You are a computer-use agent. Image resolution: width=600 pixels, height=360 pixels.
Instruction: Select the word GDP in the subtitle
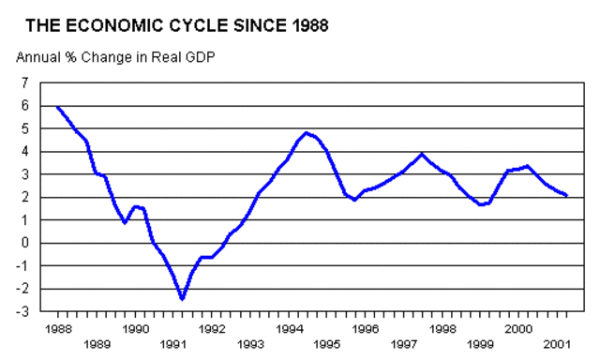pyautogui.click(x=200, y=56)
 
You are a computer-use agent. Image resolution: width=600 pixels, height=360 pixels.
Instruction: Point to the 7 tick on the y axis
pyautogui.click(x=24, y=83)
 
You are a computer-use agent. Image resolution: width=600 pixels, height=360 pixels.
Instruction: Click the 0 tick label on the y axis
pyautogui.click(x=24, y=243)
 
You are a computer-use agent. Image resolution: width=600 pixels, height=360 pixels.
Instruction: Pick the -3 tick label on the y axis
pyautogui.click(x=22, y=311)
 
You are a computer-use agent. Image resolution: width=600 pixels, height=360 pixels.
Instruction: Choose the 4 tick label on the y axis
pyautogui.click(x=24, y=152)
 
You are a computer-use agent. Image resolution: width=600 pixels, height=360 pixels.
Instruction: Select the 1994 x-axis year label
pyautogui.click(x=290, y=329)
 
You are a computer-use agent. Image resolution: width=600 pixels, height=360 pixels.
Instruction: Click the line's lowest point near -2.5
pyautogui.click(x=183, y=298)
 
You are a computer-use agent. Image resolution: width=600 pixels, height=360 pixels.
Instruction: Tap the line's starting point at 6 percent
pyautogui.click(x=57, y=107)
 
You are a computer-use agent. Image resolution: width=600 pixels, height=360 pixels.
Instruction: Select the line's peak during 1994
pyautogui.click(x=307, y=133)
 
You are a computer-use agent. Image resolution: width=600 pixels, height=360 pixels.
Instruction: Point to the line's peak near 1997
pyautogui.click(x=422, y=155)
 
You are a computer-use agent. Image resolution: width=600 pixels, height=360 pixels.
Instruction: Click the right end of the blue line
pyautogui.click(x=567, y=195)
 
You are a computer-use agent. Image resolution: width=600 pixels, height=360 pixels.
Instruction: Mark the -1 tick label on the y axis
pyautogui.click(x=22, y=265)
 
